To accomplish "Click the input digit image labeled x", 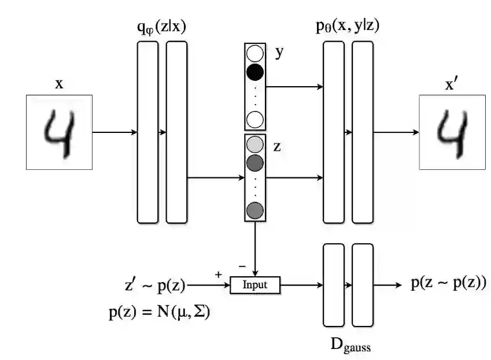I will click(x=59, y=132).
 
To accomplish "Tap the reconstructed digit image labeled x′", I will click(x=452, y=132).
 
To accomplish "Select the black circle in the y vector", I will click(x=255, y=72).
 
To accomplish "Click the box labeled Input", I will click(x=255, y=285).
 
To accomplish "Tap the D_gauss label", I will click(x=350, y=346).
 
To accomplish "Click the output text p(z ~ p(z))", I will click(x=448, y=283).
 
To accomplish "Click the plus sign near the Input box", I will click(x=219, y=274).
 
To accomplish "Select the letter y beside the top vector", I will click(x=279, y=52).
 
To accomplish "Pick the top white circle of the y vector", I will click(x=255, y=54).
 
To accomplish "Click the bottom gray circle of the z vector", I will click(x=255, y=211).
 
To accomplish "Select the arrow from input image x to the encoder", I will click(x=115, y=132).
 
